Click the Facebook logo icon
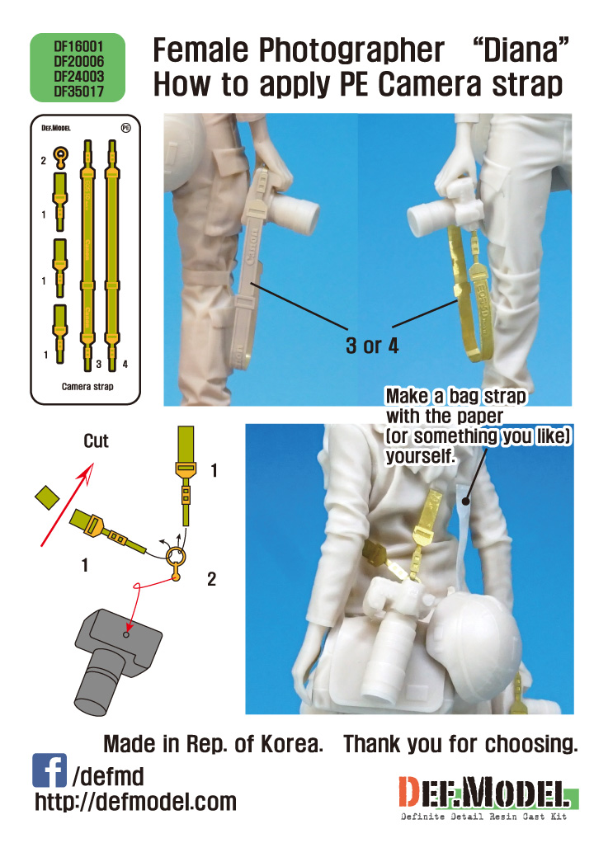(x=49, y=770)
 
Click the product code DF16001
(x=78, y=47)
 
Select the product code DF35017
(x=78, y=92)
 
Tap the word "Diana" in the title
(x=521, y=49)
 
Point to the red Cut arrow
(x=67, y=505)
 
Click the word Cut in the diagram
(x=96, y=440)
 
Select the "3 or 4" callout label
(x=371, y=345)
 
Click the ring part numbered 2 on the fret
(x=61, y=157)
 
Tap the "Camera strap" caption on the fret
(x=87, y=386)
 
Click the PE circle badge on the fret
(x=125, y=127)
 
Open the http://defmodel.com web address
(x=135, y=802)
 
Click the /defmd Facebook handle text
(x=108, y=776)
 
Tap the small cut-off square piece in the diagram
(x=47, y=497)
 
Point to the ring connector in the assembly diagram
(x=177, y=561)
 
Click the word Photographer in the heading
(x=351, y=50)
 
